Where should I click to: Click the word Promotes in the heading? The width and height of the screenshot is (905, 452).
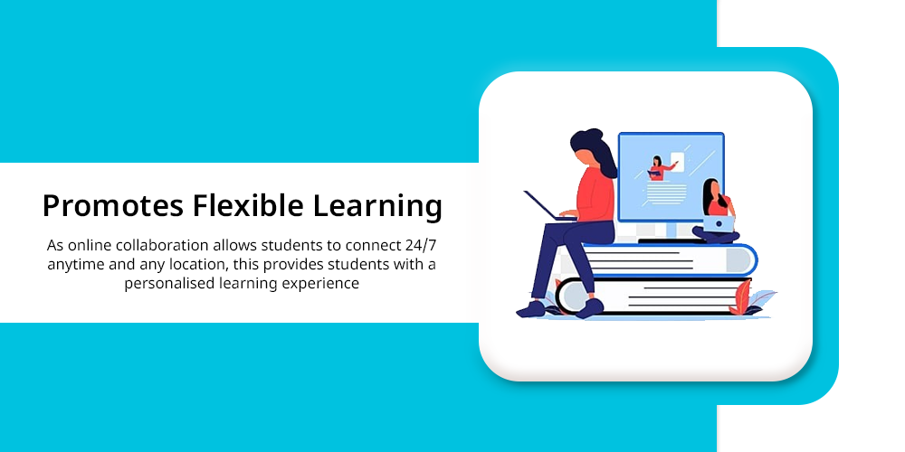pyautogui.click(x=113, y=205)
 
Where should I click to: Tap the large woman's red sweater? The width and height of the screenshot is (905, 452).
pyautogui.click(x=595, y=195)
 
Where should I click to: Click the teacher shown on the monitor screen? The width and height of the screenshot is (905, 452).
pyautogui.click(x=658, y=168)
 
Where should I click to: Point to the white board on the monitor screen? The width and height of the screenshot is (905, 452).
pyautogui.click(x=677, y=162)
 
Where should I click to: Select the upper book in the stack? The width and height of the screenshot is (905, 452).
pyautogui.click(x=670, y=260)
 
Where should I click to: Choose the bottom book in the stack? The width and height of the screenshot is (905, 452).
pyautogui.click(x=653, y=297)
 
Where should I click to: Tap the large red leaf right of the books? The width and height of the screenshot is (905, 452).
pyautogui.click(x=740, y=297)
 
